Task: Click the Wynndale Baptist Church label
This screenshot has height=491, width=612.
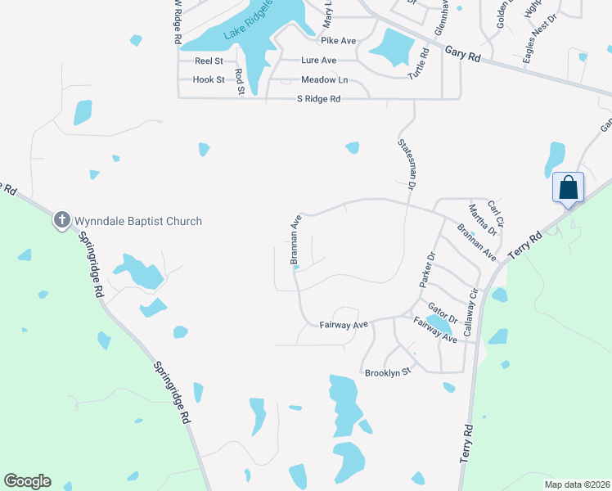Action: click(138, 221)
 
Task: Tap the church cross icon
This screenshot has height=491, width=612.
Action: click(61, 220)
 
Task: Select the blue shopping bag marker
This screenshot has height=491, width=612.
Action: click(569, 188)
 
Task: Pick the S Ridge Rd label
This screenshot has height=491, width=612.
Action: click(318, 99)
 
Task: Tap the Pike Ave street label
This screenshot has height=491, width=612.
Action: click(338, 40)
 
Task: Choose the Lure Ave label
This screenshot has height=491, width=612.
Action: click(318, 61)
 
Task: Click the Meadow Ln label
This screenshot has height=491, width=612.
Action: click(324, 79)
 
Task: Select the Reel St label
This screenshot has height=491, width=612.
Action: click(209, 61)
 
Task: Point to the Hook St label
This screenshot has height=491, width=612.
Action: click(209, 79)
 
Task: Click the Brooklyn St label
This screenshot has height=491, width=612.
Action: click(387, 372)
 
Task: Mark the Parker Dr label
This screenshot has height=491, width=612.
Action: click(426, 269)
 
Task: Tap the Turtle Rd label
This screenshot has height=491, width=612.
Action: click(419, 63)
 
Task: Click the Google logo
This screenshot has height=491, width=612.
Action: click(27, 481)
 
